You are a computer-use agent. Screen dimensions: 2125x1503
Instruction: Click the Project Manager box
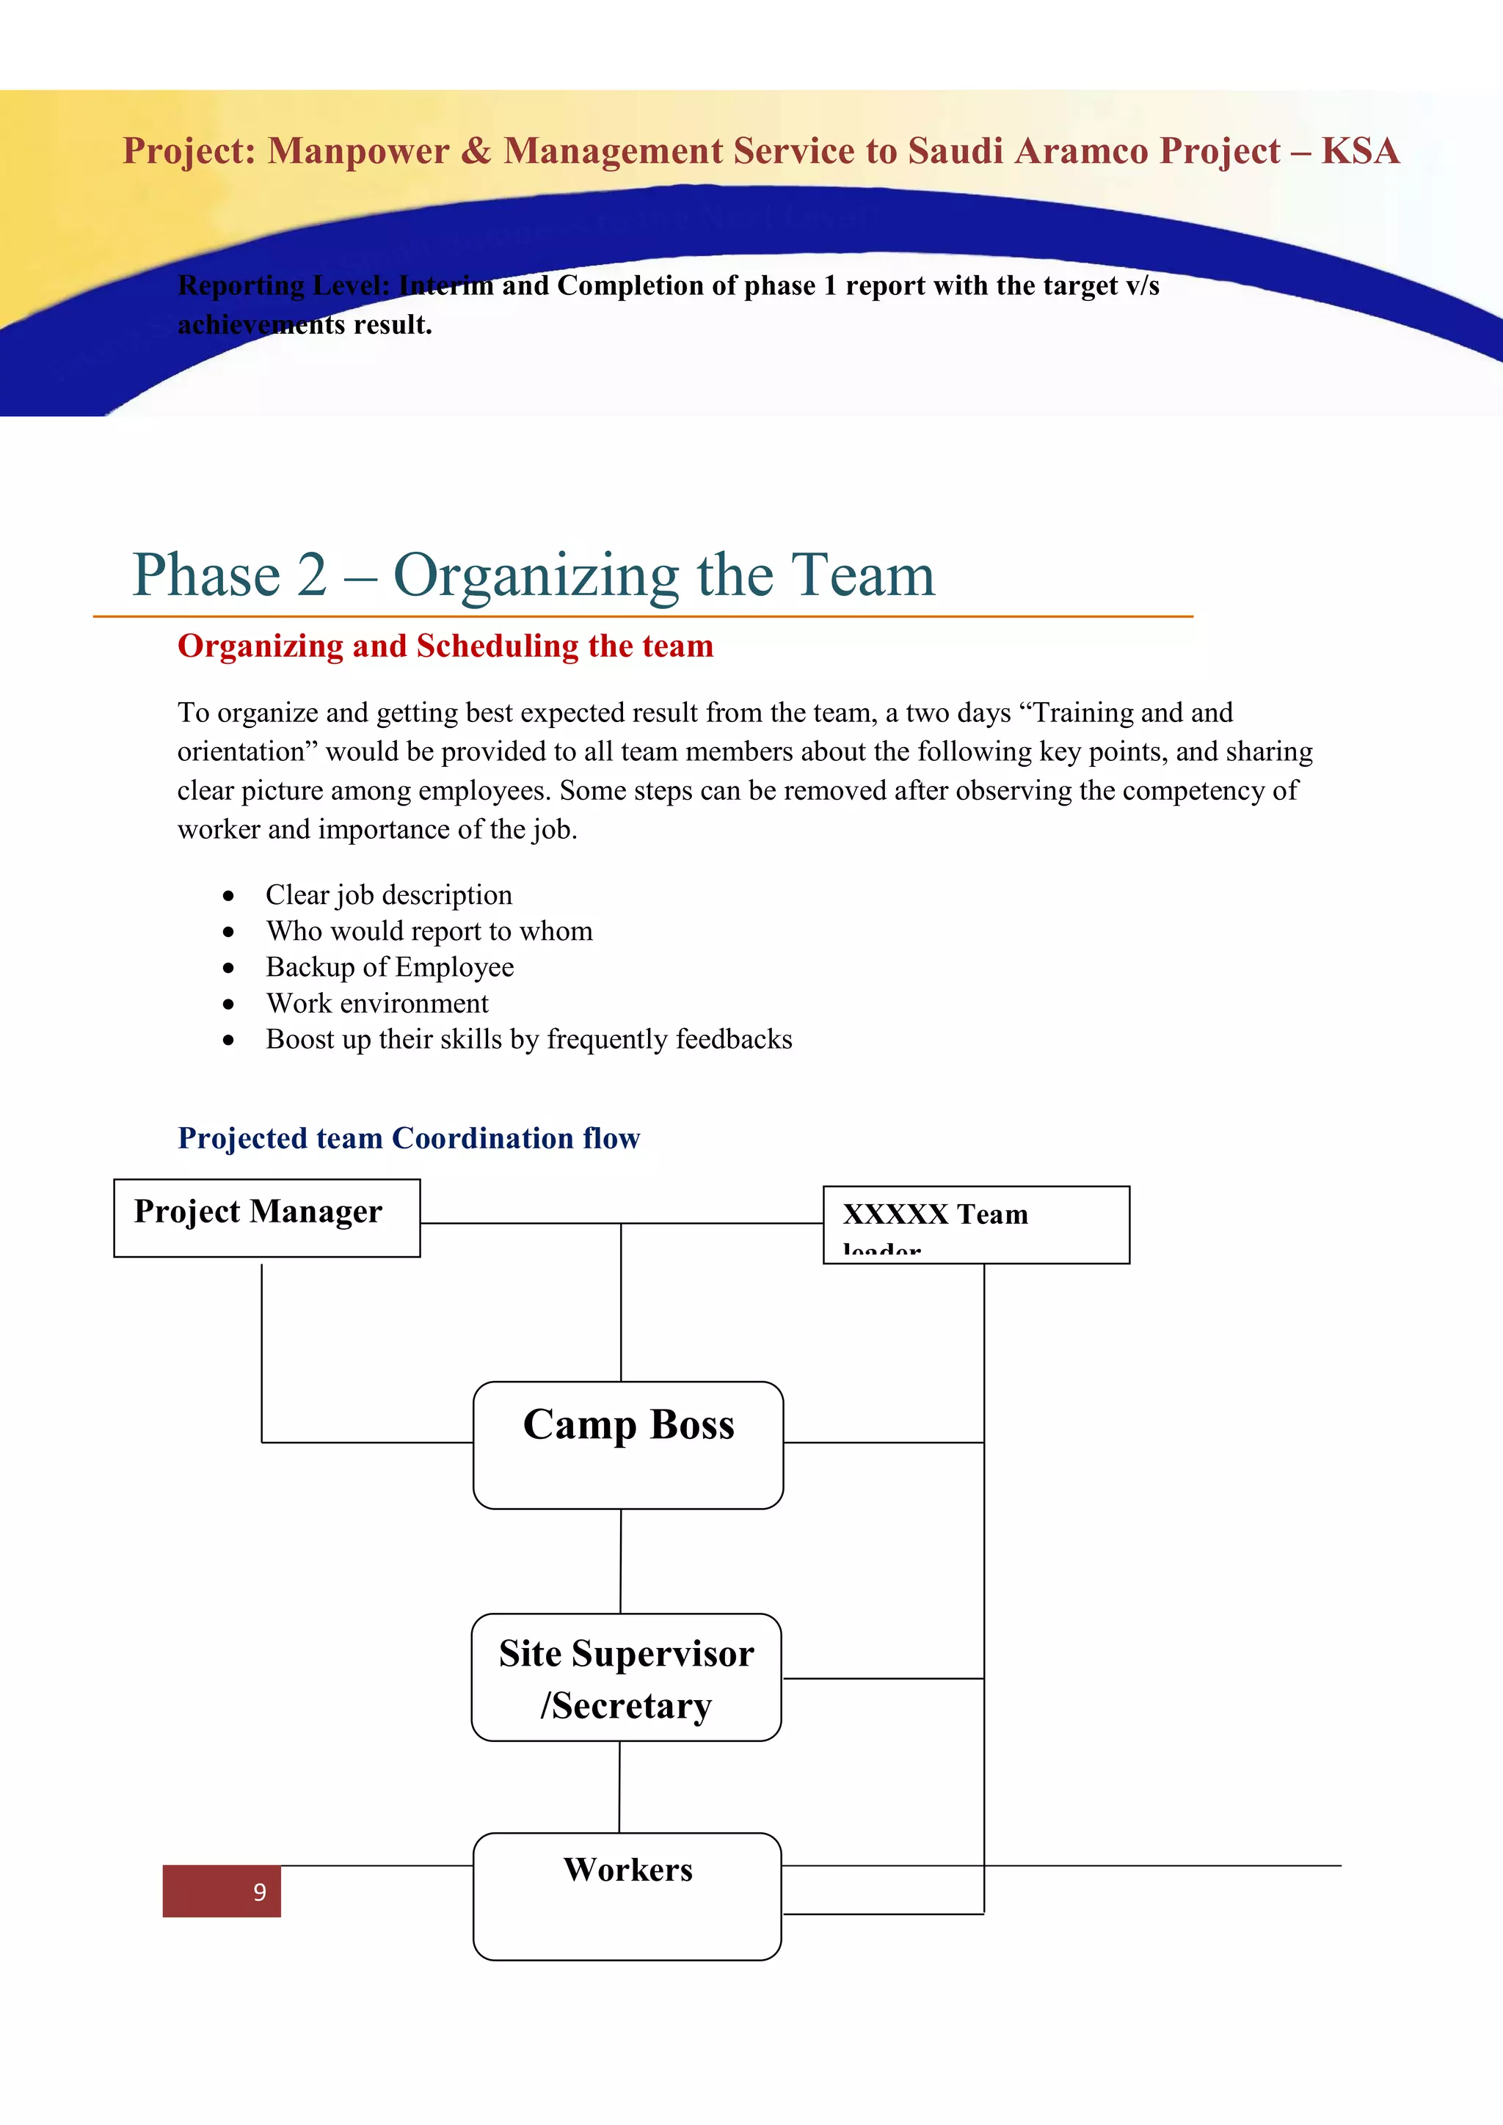[x=266, y=1217]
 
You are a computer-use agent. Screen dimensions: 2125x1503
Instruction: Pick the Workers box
[x=627, y=1895]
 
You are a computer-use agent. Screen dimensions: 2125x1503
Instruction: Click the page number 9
[x=259, y=1892]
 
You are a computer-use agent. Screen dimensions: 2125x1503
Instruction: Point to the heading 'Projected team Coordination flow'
[x=408, y=1137]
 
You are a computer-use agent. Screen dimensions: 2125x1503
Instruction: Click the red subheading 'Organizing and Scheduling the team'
[x=445, y=646]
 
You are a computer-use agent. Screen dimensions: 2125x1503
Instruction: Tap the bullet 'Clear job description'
[x=389, y=895]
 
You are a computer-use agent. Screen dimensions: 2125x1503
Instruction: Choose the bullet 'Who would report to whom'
[x=429, y=931]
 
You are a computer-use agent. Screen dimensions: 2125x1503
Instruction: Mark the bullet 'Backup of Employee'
[x=390, y=967]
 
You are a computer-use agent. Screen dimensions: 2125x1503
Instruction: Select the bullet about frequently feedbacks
[x=528, y=1039]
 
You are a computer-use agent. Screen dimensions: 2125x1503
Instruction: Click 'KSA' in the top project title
[x=1360, y=151]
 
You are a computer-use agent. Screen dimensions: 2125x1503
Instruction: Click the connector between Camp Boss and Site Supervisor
[x=621, y=1561]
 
